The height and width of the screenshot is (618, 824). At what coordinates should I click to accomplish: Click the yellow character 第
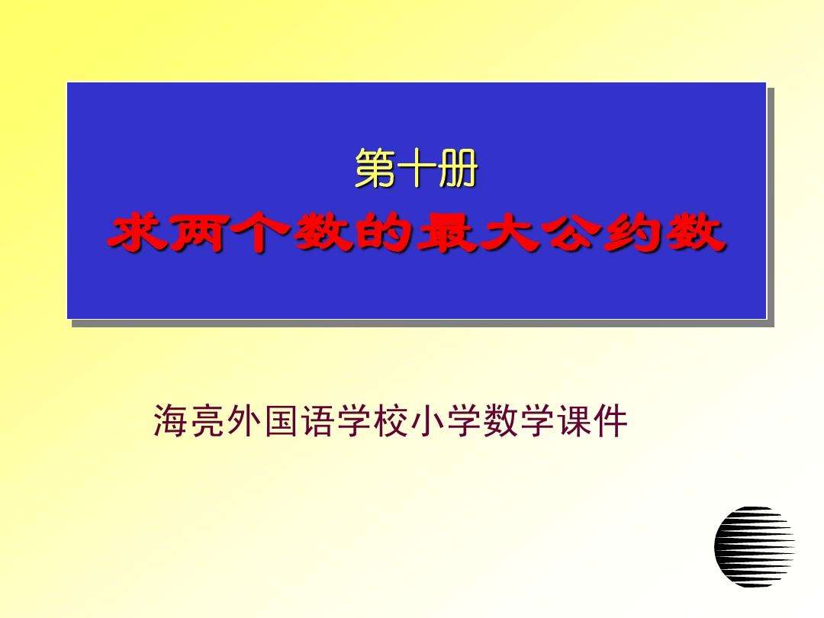pyautogui.click(x=375, y=169)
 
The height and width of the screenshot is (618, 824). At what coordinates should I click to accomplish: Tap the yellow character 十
pyautogui.click(x=416, y=169)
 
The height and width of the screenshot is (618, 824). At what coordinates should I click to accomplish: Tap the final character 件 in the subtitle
pyautogui.click(x=611, y=421)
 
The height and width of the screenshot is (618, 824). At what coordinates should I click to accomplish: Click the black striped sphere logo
pyautogui.click(x=754, y=546)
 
